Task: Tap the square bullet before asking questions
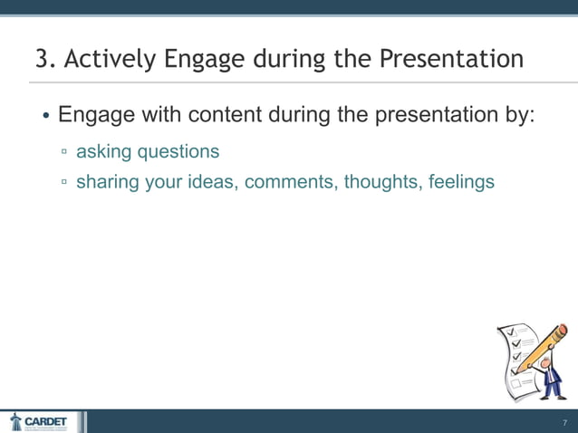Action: (x=64, y=151)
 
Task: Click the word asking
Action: (x=103, y=150)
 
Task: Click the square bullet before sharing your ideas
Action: (x=64, y=182)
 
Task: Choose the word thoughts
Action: (x=385, y=182)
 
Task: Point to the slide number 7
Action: (x=564, y=423)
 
